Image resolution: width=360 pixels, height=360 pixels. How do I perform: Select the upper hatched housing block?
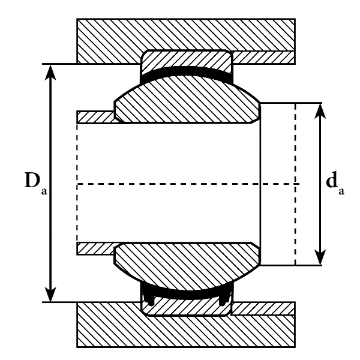coord(186,35)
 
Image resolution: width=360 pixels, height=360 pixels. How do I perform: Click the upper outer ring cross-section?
coord(186,61)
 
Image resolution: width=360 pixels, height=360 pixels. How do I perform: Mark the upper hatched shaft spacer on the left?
coord(96,116)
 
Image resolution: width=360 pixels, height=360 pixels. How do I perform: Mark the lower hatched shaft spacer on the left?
coord(96,248)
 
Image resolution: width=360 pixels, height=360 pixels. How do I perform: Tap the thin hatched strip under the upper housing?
coord(264,57)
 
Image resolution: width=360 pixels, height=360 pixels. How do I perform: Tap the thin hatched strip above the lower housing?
coord(264,308)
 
